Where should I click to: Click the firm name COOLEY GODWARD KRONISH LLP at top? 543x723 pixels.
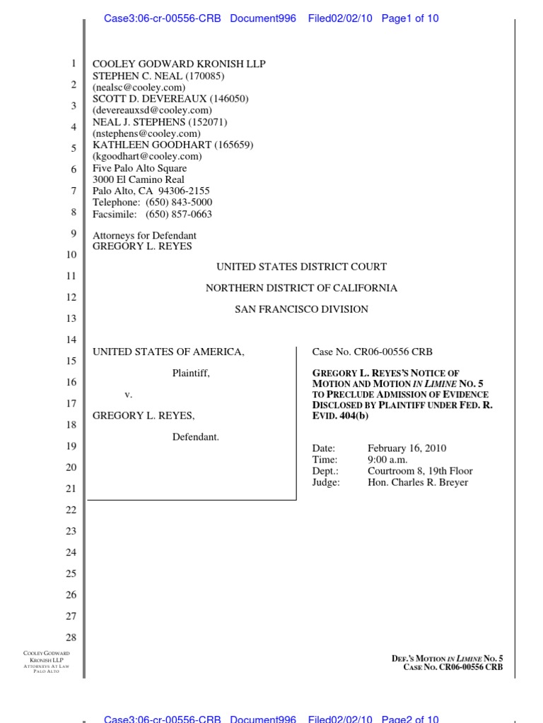[x=179, y=64]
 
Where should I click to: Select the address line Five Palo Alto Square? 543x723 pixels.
[x=140, y=169]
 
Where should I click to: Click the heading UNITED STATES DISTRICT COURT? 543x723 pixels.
[x=301, y=267]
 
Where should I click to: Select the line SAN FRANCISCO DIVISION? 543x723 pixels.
[x=301, y=309]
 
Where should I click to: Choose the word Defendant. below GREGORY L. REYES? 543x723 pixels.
[x=196, y=437]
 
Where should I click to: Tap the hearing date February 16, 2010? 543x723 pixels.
[x=407, y=448]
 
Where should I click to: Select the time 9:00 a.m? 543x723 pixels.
[x=387, y=460]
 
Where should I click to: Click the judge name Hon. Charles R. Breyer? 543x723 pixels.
[x=418, y=482]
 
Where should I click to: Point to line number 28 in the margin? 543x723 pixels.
[x=71, y=638]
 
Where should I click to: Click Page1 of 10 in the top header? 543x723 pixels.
[x=410, y=18]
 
